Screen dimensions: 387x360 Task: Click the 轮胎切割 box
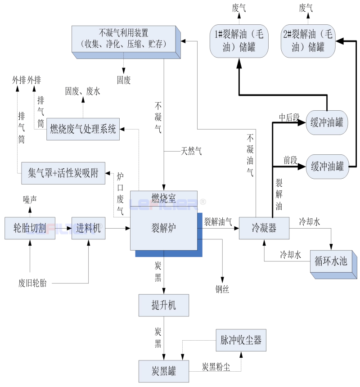click(30, 228)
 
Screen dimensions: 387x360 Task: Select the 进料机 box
click(88, 228)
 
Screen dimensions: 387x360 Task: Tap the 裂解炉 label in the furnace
click(164, 227)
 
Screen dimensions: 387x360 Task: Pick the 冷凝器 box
click(264, 228)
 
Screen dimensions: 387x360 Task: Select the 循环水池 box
click(331, 261)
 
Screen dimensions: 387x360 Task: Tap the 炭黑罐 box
click(163, 372)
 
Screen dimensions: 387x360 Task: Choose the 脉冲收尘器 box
click(241, 340)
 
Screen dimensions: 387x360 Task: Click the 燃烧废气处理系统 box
click(83, 130)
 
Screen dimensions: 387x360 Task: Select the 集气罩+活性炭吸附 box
click(63, 173)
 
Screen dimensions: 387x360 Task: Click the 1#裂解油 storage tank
click(239, 40)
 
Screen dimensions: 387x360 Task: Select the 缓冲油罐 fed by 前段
click(327, 167)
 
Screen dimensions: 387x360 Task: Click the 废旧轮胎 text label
click(32, 283)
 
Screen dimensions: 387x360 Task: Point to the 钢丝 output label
click(222, 290)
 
